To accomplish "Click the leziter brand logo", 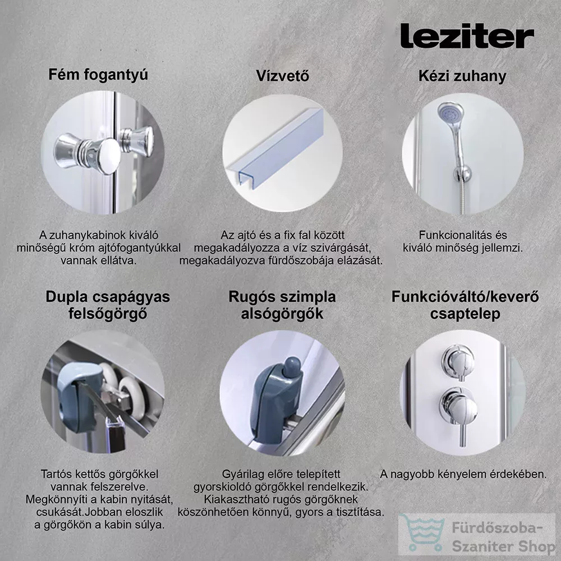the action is coord(467,36).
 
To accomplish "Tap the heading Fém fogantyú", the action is coord(98,75).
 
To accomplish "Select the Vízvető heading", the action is coord(282,76).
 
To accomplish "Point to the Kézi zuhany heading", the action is coord(462,76).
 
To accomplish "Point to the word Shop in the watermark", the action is coord(535,546).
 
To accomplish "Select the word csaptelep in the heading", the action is coord(465,314).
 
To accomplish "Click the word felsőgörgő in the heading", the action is coord(108,314).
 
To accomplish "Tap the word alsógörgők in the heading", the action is coord(282,314).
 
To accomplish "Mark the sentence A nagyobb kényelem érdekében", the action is coord(463,474).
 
